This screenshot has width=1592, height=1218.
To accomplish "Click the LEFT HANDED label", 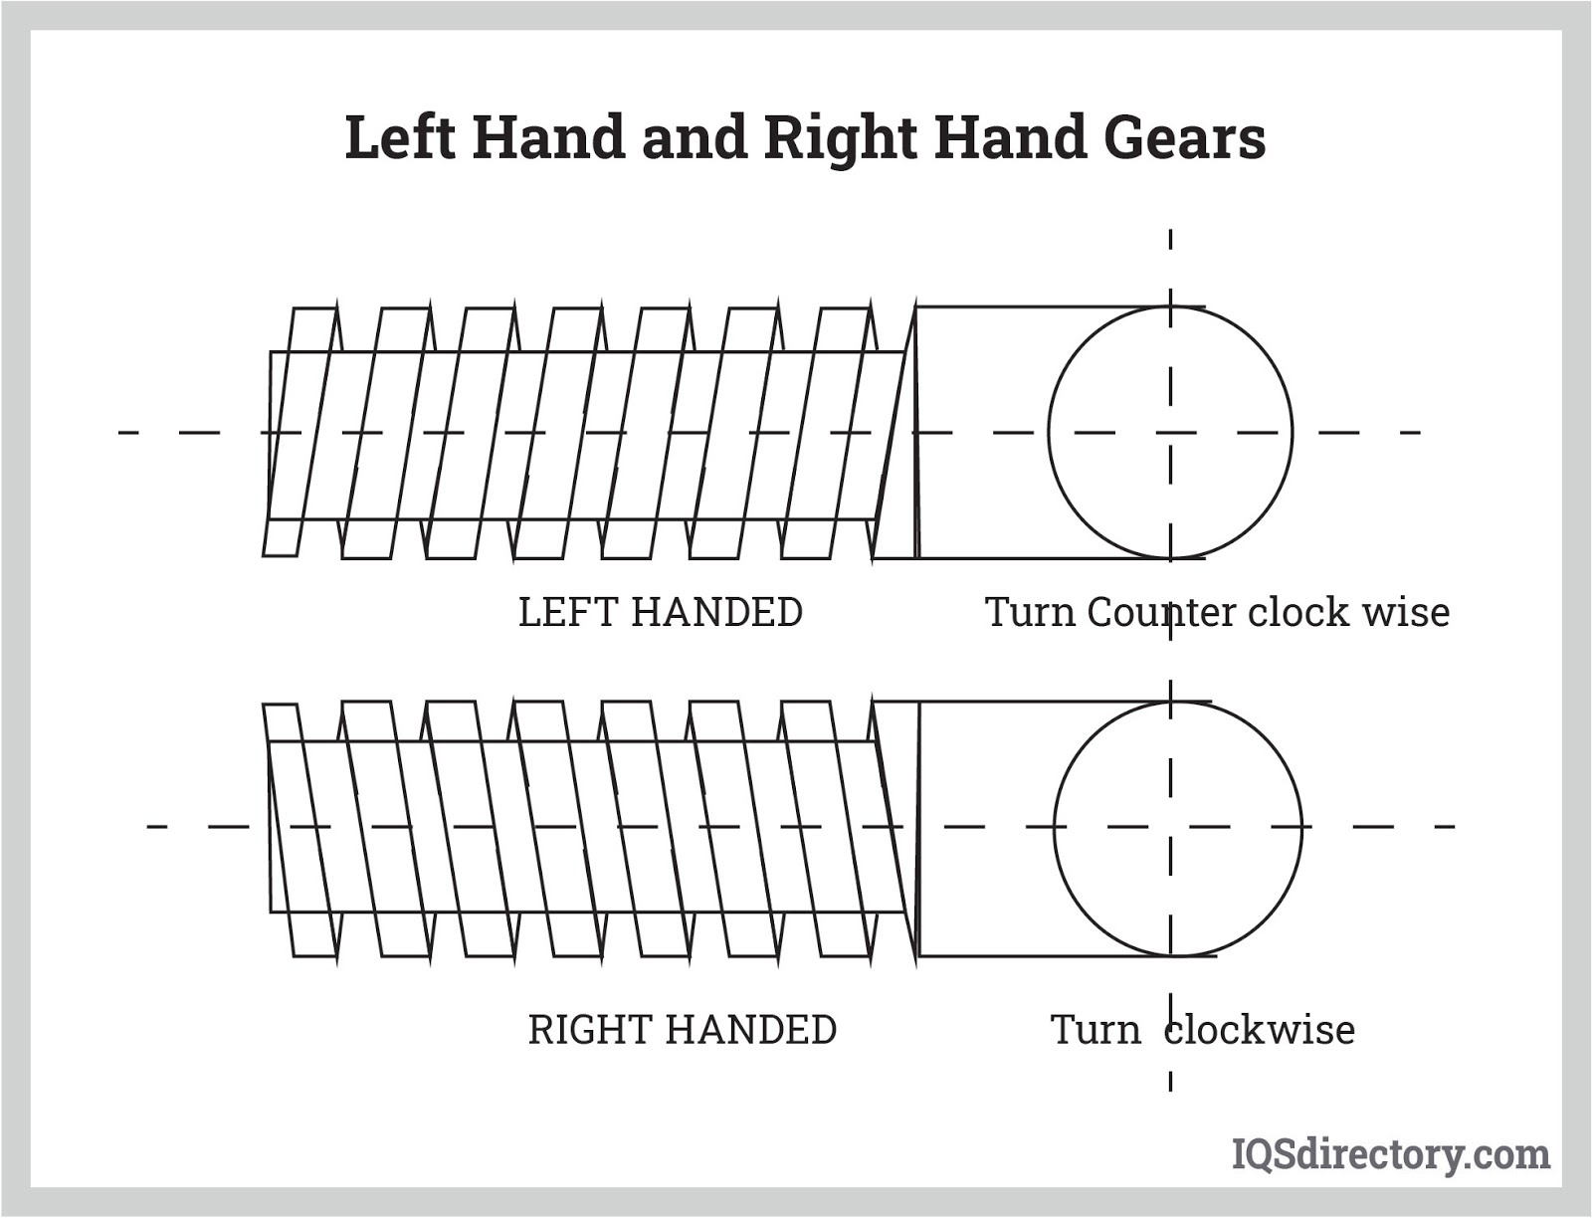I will point(661,612).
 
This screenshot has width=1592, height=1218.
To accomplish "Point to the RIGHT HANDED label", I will point(682,1029).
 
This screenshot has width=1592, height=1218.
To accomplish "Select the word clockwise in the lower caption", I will point(1260,1029).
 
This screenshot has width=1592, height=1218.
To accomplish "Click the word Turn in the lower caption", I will point(1095,1029).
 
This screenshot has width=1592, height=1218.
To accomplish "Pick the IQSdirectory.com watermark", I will point(1391,1154).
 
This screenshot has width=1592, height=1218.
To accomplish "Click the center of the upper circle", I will point(1170,432).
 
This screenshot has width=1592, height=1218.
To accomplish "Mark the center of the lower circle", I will point(1177,827).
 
